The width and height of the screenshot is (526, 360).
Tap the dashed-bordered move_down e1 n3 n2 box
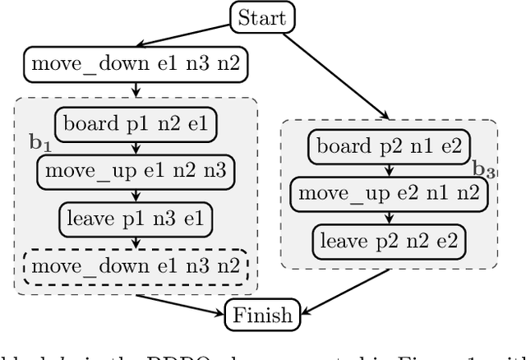pos(136,266)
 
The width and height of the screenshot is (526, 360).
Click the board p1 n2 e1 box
pos(136,124)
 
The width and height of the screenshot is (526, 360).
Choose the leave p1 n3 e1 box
pos(136,219)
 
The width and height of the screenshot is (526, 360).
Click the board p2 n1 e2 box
pos(390,147)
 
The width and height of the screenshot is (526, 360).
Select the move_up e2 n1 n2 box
pos(390,194)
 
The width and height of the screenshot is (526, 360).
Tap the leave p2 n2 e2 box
pos(390,241)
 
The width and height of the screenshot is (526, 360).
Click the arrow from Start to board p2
pos(338,75)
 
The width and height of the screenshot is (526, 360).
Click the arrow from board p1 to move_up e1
pos(136,147)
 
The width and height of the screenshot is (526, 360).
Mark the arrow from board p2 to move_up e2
pos(390,170)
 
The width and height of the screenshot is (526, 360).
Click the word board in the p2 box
pos(344,147)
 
